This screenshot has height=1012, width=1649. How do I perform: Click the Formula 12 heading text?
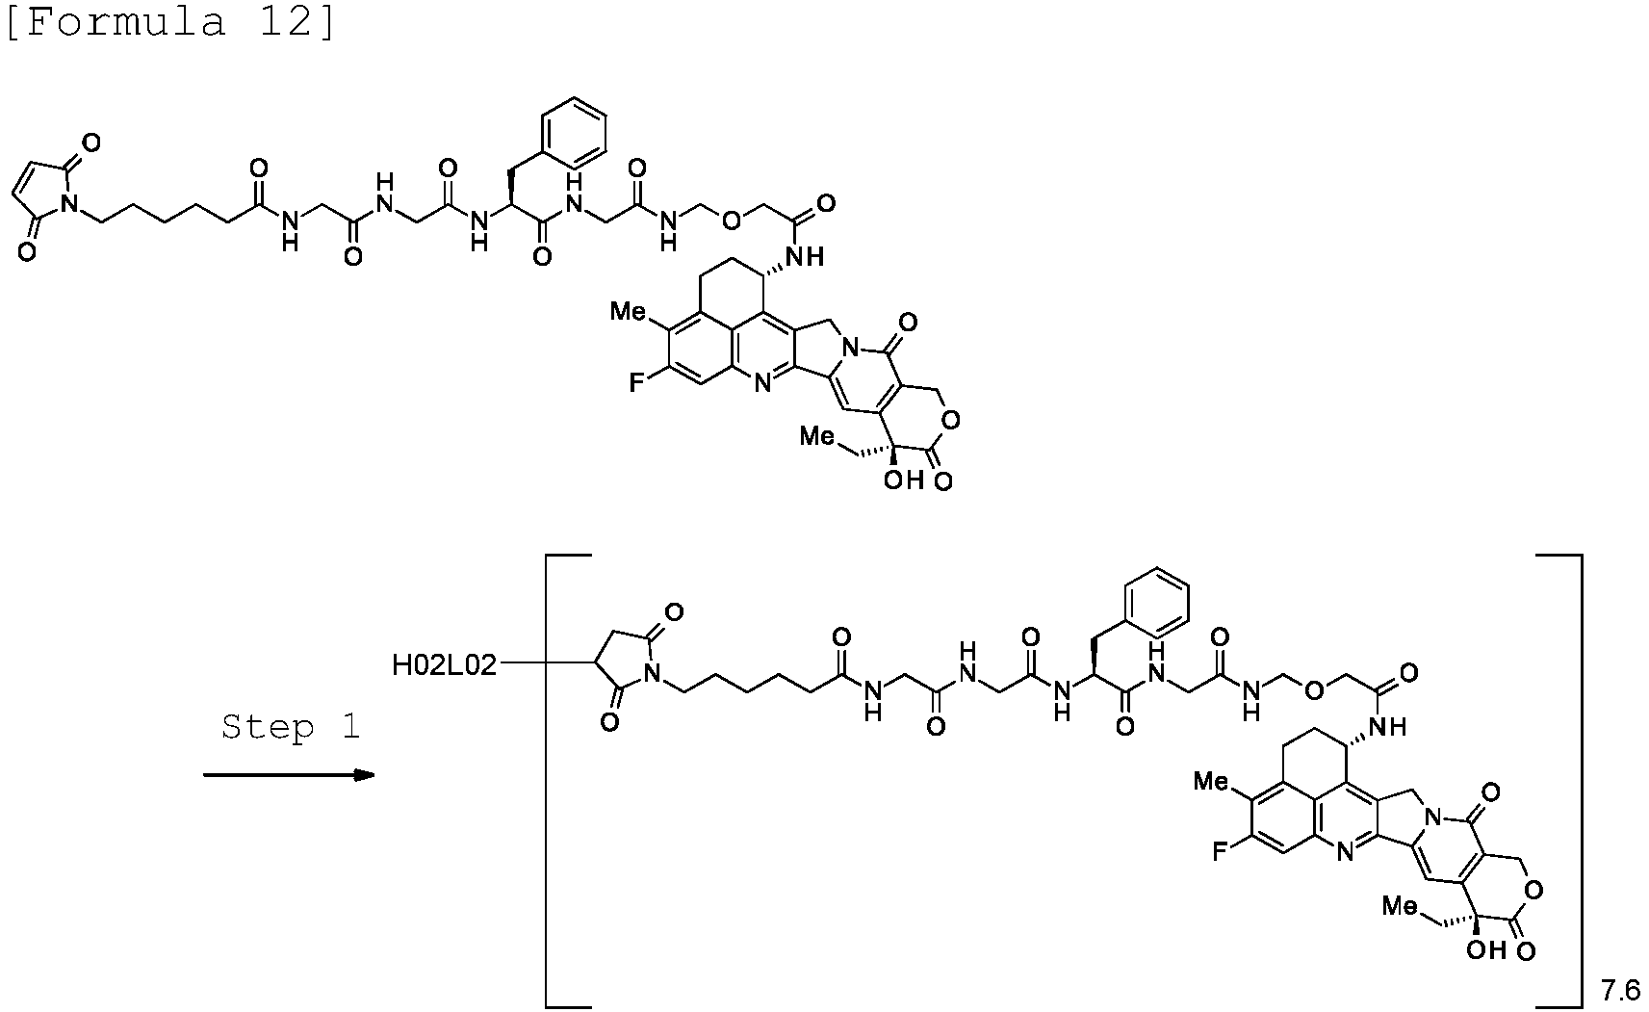[x=170, y=22]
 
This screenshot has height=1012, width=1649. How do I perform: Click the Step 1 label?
[x=291, y=727]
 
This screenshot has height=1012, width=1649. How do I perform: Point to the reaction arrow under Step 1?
[x=290, y=775]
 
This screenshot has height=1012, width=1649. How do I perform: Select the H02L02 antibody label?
[x=444, y=665]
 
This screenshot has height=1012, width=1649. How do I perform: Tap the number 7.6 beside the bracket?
[x=1620, y=992]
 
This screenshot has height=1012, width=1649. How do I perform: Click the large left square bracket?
[x=568, y=781]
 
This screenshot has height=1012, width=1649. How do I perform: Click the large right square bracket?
[x=1559, y=781]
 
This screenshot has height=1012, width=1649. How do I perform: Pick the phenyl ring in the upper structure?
[x=574, y=133]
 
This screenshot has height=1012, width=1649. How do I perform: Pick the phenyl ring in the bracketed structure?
[x=1156, y=603]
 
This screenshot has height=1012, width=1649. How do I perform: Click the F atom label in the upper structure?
[x=636, y=383]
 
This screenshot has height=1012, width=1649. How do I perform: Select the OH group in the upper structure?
[x=904, y=480]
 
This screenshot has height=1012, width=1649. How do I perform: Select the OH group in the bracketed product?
[x=1486, y=950]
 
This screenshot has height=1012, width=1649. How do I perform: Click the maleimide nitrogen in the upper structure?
[x=70, y=202]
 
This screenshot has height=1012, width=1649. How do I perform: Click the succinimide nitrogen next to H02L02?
[x=653, y=672]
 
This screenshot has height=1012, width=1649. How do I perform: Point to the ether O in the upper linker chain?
[x=731, y=221]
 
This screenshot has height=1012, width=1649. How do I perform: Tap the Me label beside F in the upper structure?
[x=628, y=312]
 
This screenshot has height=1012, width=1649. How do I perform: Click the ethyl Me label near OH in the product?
[x=1401, y=906]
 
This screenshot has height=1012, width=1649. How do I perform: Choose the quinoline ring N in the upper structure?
[x=762, y=383]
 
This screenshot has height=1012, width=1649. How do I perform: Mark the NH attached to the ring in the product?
[x=1388, y=727]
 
